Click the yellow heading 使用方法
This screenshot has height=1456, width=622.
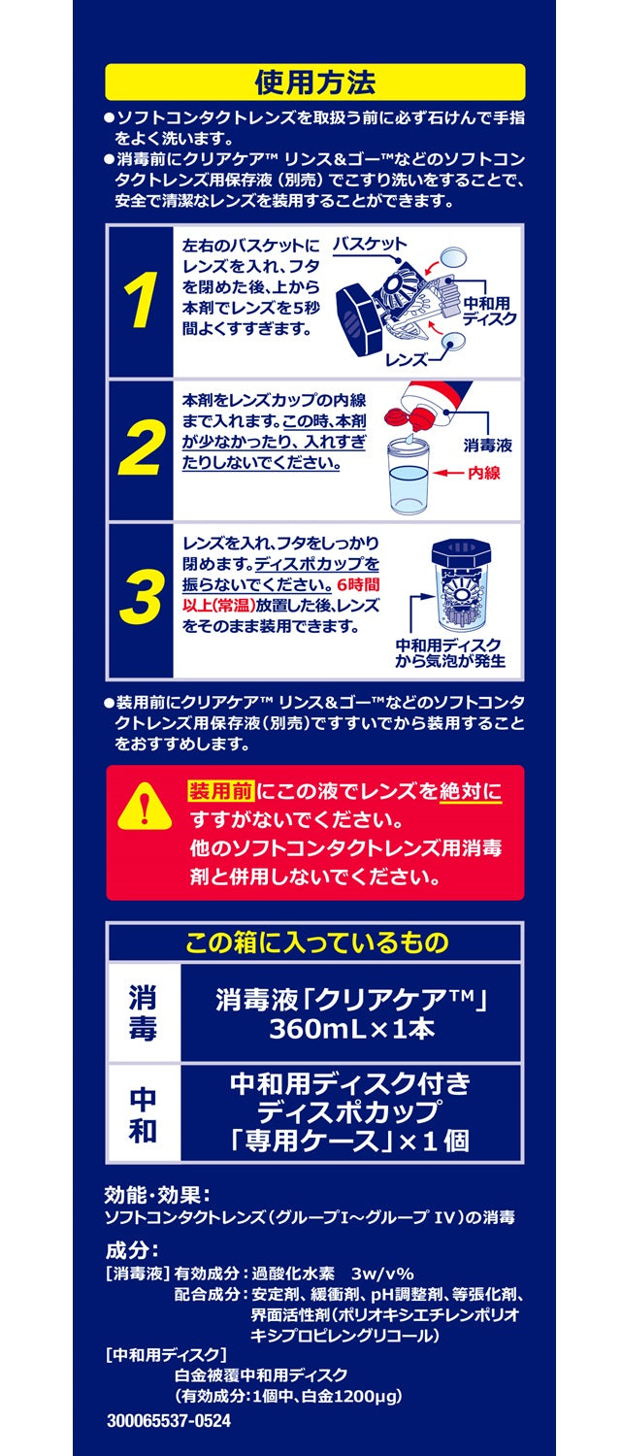click(314, 82)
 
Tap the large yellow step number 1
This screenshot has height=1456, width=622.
click(141, 301)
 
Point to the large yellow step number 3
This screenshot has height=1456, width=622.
click(141, 599)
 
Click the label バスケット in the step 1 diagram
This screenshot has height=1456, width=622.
click(370, 245)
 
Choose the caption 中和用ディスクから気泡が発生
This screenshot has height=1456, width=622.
click(450, 655)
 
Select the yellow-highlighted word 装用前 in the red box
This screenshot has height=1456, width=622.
click(213, 791)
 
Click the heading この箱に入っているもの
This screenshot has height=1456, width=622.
click(316, 942)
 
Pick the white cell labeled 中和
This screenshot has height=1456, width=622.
click(143, 1115)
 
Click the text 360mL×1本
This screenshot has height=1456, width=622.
click(351, 1030)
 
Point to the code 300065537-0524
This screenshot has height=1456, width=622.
click(169, 1420)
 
